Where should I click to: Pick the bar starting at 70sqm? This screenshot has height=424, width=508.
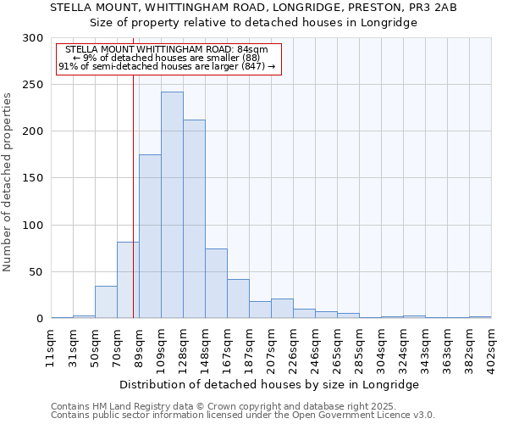tap(128, 280)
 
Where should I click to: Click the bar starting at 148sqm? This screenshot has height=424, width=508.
tap(216, 283)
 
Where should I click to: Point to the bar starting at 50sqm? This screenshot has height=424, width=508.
tap(106, 302)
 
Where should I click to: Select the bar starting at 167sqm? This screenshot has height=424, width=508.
tap(238, 298)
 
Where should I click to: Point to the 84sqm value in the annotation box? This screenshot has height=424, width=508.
tap(254, 50)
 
